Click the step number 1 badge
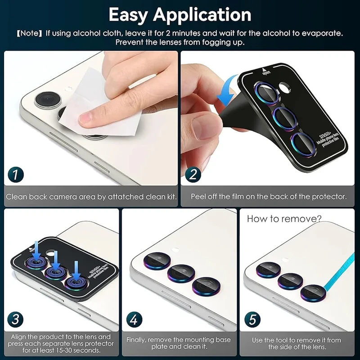tap(16, 175)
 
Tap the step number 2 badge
tap(193, 175)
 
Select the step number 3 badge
tap(15, 319)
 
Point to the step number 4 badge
tap(134, 319)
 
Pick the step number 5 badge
tap(252, 319)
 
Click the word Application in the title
tap(202, 15)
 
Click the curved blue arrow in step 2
tap(227, 91)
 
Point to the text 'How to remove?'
tap(284, 219)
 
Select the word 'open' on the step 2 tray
tap(266, 72)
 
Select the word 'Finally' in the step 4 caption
tap(136, 340)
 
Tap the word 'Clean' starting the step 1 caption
tap(17, 197)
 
